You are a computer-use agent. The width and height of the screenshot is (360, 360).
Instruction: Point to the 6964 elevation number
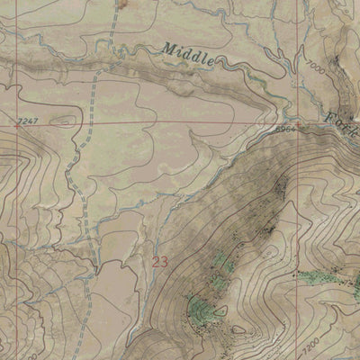click(x=285, y=130)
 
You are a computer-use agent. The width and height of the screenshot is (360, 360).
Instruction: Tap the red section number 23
click(x=160, y=262)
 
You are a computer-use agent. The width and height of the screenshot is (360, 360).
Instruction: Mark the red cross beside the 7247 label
click(x=13, y=126)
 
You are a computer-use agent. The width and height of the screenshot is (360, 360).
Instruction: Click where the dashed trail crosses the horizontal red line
click(x=91, y=123)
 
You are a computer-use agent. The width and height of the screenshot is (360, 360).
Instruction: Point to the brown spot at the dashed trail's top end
click(x=121, y=4)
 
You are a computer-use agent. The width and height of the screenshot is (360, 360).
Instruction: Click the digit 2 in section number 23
click(x=157, y=262)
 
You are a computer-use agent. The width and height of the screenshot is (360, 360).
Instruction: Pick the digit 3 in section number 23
click(x=165, y=262)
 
